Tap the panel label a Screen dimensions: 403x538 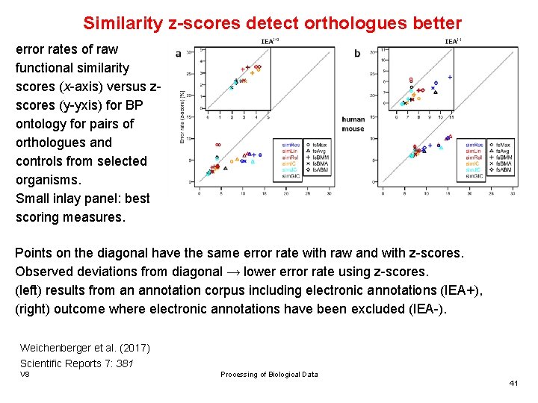178,54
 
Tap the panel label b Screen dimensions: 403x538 357,54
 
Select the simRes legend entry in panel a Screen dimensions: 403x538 291,145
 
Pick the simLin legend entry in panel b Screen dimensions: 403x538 474,151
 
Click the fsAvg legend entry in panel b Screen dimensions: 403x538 501,151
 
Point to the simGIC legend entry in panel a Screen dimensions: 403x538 291,176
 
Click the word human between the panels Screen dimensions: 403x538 353,119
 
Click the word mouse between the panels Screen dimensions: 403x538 353,129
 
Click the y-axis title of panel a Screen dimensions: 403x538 182,116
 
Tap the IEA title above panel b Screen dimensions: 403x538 452,42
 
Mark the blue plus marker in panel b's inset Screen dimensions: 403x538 450,77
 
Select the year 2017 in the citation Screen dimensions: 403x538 134,349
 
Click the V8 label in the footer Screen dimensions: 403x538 25,375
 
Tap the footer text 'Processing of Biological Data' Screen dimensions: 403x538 269,375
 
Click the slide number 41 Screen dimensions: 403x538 513,383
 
